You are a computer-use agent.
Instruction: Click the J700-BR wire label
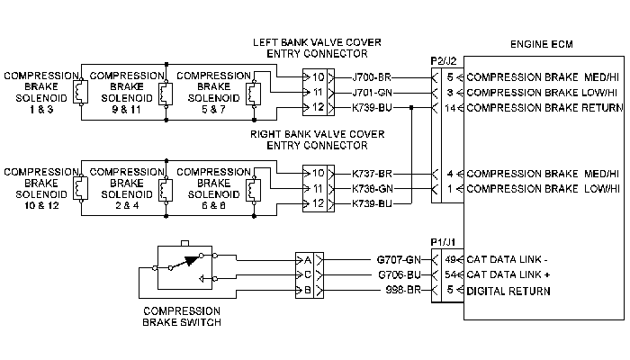point(372,77)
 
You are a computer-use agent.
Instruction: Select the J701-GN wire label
point(372,93)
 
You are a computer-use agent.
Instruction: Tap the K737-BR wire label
point(372,174)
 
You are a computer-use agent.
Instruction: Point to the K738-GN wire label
point(373,188)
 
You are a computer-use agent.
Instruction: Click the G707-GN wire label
point(399,260)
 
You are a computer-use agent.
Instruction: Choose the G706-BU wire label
point(400,274)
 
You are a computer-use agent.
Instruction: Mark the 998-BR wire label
point(403,290)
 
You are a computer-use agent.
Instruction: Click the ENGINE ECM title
point(541,44)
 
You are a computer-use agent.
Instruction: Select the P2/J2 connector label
point(444,61)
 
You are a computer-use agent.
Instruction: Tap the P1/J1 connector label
point(443,242)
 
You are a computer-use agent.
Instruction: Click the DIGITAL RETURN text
point(508,291)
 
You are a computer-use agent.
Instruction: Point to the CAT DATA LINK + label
point(508,274)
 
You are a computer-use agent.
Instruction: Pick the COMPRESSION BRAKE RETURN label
point(544,108)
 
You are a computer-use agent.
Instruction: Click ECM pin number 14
point(450,108)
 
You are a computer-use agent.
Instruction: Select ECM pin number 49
point(450,259)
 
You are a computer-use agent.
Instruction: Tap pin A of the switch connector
point(308,260)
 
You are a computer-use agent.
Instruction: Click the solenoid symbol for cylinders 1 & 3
point(81,92)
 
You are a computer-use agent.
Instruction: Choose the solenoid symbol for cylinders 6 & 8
point(254,189)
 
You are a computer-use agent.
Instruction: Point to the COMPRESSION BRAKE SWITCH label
point(182,317)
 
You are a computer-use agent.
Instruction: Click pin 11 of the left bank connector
point(318,93)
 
